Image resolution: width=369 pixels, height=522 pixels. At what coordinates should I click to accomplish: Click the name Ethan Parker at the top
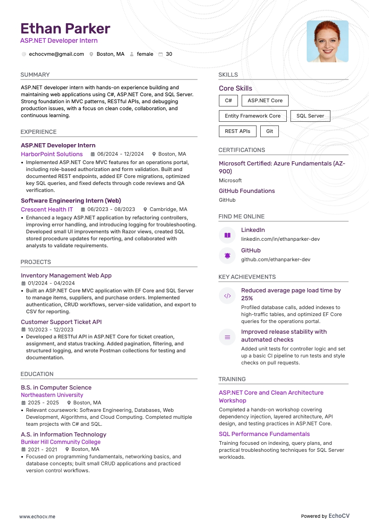66,29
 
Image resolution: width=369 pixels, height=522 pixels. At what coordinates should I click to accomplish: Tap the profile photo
327,41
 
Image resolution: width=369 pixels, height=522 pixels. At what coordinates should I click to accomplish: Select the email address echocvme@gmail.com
56,54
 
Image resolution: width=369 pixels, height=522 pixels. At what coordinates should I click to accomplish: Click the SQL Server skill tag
310,116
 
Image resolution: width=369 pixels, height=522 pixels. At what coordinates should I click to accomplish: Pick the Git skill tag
270,131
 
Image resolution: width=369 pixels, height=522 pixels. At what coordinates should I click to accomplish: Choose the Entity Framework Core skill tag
252,116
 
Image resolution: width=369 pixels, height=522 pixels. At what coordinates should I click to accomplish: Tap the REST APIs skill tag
237,131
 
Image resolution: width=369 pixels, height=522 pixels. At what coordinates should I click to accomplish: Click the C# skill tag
228,100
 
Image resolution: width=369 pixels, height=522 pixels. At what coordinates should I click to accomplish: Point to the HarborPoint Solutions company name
52,154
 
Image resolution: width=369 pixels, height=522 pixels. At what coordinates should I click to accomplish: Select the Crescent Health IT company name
47,209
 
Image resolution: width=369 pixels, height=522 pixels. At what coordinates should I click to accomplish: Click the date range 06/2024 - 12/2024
120,154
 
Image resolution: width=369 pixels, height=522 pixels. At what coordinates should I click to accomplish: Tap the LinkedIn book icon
227,235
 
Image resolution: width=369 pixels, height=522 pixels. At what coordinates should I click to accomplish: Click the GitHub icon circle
227,256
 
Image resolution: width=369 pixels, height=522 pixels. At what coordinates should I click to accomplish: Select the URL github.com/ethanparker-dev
276,259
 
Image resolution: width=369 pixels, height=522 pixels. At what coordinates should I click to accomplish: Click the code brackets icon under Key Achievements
227,296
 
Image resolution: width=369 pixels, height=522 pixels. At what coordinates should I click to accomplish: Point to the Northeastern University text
52,395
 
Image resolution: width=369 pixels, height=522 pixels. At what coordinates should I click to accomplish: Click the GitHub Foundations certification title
247,191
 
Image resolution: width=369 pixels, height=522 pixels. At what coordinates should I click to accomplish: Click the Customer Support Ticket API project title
61,322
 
